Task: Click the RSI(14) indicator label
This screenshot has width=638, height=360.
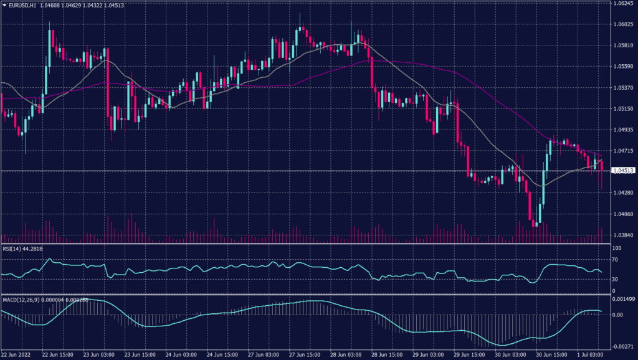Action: click(11, 249)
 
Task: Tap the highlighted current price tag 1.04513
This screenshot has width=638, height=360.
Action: click(623, 170)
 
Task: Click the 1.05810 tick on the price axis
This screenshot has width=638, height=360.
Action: click(622, 45)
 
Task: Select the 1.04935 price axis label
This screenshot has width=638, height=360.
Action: click(622, 130)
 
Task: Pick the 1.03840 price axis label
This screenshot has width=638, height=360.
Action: click(622, 235)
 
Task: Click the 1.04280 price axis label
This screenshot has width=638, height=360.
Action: click(622, 193)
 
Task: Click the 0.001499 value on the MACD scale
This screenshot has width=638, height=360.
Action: click(622, 300)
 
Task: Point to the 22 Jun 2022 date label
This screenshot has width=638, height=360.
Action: click(17, 354)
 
